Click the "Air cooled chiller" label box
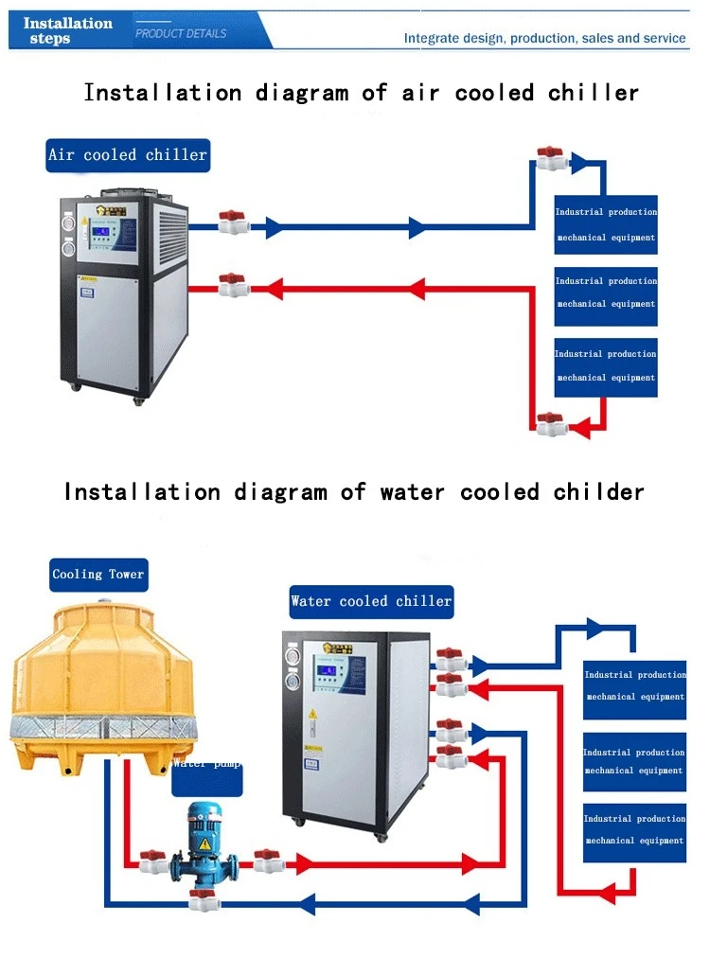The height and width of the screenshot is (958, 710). click(127, 154)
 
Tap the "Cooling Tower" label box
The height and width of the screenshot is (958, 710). click(98, 574)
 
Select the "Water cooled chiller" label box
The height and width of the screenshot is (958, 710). click(371, 601)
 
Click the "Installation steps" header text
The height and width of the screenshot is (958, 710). click(68, 30)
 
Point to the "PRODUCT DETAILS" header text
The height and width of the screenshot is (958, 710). click(181, 33)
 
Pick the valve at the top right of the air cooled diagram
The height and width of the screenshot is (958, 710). click(550, 158)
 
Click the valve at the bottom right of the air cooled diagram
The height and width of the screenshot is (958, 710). click(550, 424)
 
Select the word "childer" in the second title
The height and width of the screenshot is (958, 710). click(598, 492)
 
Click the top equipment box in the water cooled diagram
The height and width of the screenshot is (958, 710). click(634, 685)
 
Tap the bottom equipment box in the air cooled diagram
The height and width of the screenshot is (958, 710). click(606, 366)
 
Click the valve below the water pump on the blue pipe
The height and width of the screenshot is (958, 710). click(200, 900)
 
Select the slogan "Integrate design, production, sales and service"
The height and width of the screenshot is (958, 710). click(544, 39)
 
